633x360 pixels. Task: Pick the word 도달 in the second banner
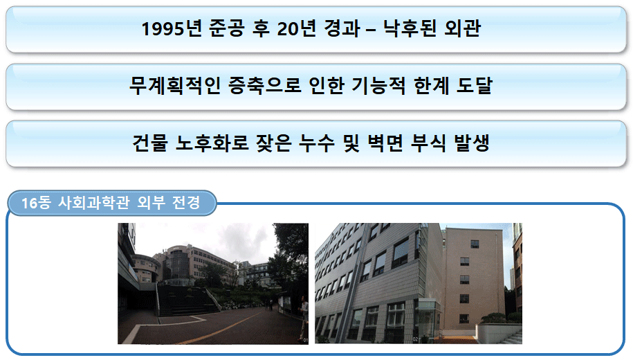coord(475,86)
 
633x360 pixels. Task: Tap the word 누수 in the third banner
coord(317,143)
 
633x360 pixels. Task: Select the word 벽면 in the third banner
coord(385,143)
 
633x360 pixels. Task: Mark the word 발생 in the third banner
coord(472,143)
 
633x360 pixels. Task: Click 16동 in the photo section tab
coord(37,202)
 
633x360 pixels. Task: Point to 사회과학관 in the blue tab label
coord(94,202)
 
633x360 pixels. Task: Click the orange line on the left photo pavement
coord(221,328)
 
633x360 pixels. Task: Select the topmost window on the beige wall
coord(475,244)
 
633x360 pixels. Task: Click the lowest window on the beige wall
coord(464,318)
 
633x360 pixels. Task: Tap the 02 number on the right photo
coord(415,339)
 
